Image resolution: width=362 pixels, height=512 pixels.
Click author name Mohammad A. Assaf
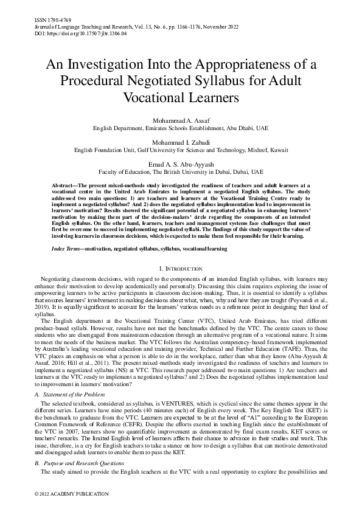tap(181, 121)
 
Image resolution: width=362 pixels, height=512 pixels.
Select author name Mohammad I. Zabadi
tap(181, 139)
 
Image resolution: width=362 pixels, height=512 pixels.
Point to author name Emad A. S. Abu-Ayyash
tap(181, 164)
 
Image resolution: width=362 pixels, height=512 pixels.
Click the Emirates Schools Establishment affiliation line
tap(181, 129)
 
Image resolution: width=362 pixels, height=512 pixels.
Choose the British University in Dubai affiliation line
tap(181, 172)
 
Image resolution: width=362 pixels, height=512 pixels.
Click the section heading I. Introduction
tap(181, 268)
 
